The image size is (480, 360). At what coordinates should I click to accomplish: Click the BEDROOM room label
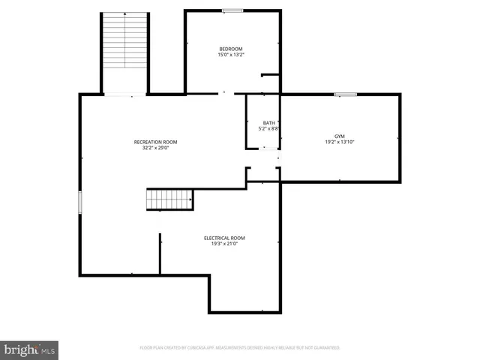tap(231, 49)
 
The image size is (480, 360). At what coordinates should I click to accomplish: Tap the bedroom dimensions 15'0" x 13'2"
tap(231, 55)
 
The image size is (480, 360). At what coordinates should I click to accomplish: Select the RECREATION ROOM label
tap(155, 142)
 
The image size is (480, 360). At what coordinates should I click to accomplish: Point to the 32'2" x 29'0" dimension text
tap(155, 148)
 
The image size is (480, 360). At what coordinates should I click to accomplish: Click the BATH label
tap(268, 123)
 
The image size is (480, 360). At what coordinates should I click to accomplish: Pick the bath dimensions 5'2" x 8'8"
tap(268, 129)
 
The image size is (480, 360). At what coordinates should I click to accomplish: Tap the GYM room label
tap(339, 136)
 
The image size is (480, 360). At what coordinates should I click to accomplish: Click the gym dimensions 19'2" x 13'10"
tap(339, 142)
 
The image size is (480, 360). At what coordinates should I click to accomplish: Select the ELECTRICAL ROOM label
tap(224, 238)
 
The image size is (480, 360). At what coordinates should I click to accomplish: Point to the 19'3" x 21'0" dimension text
tap(224, 244)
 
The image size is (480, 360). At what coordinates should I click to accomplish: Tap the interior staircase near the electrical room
tap(169, 199)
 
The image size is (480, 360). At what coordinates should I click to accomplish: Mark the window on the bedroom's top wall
tap(232, 10)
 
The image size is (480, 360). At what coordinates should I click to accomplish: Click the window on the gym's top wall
tap(346, 94)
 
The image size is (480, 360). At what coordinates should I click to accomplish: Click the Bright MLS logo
tap(30, 349)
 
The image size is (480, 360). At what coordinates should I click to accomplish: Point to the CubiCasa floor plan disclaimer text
tap(240, 348)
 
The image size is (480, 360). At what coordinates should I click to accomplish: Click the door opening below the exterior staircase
tap(126, 94)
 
